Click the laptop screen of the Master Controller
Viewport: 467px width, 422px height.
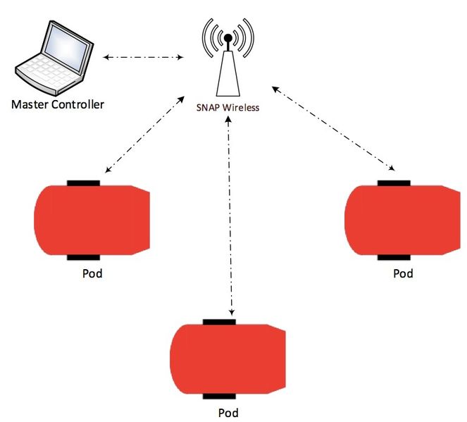point(68,48)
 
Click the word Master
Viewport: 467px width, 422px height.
point(30,104)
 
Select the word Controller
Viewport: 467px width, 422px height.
point(77,104)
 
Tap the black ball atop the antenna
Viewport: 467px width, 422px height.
point(228,38)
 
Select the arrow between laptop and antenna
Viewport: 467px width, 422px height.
point(143,57)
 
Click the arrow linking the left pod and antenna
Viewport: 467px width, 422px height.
point(144,135)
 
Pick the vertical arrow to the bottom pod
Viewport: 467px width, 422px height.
point(230,216)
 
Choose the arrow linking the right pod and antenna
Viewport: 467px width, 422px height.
point(334,128)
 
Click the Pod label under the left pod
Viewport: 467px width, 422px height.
point(92,273)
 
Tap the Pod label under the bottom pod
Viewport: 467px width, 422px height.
point(228,413)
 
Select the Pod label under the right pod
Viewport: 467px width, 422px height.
point(404,273)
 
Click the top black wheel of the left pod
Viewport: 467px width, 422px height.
point(83,183)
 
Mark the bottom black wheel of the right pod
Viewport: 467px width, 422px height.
point(394,257)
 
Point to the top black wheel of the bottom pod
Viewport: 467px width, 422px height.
point(220,322)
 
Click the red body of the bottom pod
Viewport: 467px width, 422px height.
point(228,359)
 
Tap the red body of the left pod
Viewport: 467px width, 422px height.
point(92,220)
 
